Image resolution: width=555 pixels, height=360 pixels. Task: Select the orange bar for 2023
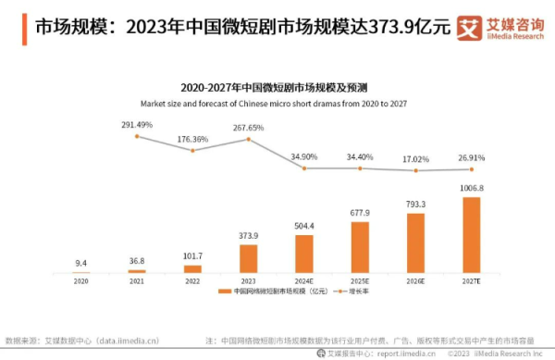[248, 258]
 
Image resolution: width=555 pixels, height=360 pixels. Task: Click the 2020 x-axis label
[81, 280]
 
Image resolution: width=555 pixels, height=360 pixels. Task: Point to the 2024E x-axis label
[304, 280]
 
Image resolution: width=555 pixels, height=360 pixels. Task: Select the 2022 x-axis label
[192, 280]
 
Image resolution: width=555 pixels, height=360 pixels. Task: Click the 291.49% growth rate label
[137, 124]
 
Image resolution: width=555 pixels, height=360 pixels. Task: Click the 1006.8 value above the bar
[472, 188]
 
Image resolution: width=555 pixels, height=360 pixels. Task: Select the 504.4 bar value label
[304, 225]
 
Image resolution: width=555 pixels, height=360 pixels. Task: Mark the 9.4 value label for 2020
[81, 263]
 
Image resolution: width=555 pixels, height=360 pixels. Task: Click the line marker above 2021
[137, 136]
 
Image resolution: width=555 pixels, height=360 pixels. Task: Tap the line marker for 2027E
[472, 168]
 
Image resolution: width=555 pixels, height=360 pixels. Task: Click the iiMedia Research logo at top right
[502, 27]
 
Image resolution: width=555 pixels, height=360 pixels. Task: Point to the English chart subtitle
[277, 103]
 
